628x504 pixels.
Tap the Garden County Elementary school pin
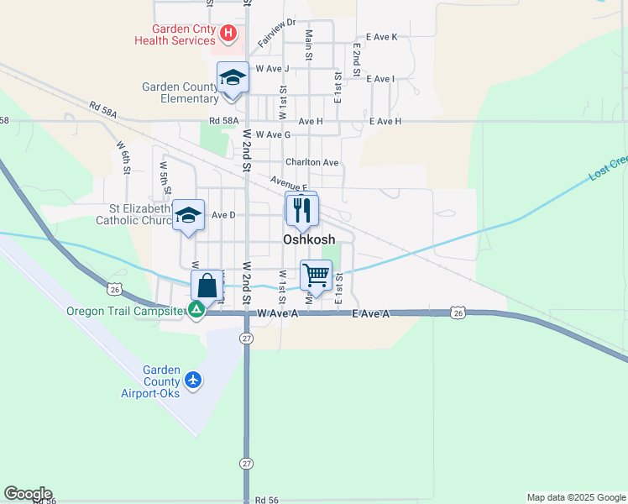click(x=233, y=79)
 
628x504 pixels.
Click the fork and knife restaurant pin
click(x=301, y=209)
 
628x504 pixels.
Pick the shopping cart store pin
click(x=316, y=275)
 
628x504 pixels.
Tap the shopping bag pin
click(x=207, y=286)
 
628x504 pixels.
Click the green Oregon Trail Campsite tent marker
click(x=196, y=311)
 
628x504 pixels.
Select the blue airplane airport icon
click(x=194, y=381)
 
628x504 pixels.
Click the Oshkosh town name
click(x=309, y=239)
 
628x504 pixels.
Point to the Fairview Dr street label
click(x=277, y=34)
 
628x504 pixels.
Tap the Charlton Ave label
click(x=311, y=162)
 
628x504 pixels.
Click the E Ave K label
click(x=375, y=37)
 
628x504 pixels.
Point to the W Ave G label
click(x=273, y=134)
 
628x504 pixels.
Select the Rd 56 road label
click(x=266, y=499)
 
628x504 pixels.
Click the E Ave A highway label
click(x=371, y=313)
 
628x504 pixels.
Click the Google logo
click(x=27, y=494)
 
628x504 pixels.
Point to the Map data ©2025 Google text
click(x=575, y=497)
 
